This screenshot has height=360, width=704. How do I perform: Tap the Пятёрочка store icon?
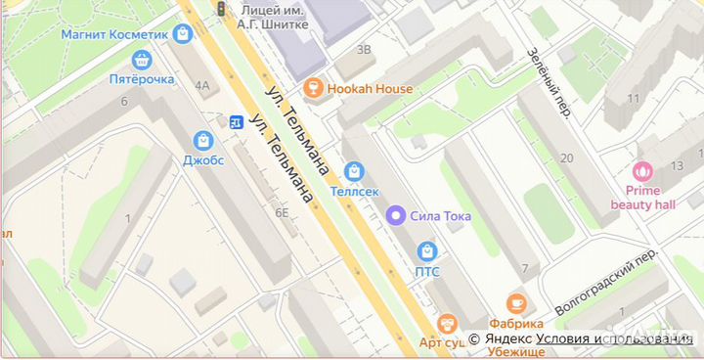pyautogui.click(x=143, y=61)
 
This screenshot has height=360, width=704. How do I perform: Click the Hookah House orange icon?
pyautogui.click(x=314, y=89)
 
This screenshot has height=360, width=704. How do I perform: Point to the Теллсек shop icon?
pyautogui.click(x=354, y=171)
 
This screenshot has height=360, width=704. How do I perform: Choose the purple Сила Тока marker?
pyautogui.click(x=396, y=215)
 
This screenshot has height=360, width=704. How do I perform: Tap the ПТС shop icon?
pyautogui.click(x=427, y=251)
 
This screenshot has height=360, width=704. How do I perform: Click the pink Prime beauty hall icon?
pyautogui.click(x=643, y=170)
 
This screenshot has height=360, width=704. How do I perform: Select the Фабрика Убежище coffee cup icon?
pyautogui.click(x=516, y=304)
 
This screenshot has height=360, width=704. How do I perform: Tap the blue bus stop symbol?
pyautogui.click(x=236, y=121)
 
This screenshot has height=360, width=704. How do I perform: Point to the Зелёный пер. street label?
pyautogui.click(x=549, y=84)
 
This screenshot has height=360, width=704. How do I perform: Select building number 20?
pyautogui.click(x=566, y=157)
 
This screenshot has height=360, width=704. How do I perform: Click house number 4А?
pyautogui.click(x=202, y=85)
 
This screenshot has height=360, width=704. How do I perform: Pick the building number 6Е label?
pyautogui.click(x=283, y=212)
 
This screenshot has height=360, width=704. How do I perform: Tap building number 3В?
pyautogui.click(x=365, y=49)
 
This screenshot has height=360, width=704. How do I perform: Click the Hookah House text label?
pyautogui.click(x=370, y=89)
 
